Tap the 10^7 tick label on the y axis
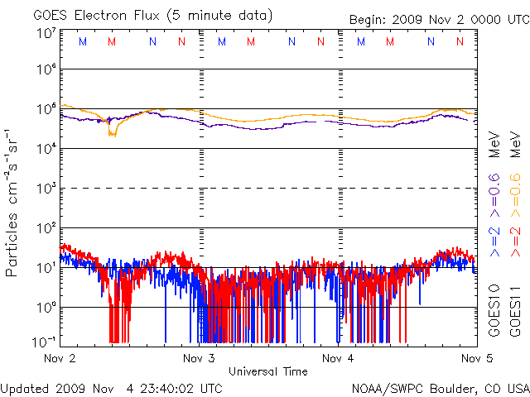point(46,33)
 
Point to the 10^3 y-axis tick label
point(46,188)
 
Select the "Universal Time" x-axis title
point(267,371)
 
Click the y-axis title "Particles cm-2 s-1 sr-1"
point(13,202)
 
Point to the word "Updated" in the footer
point(26,388)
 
